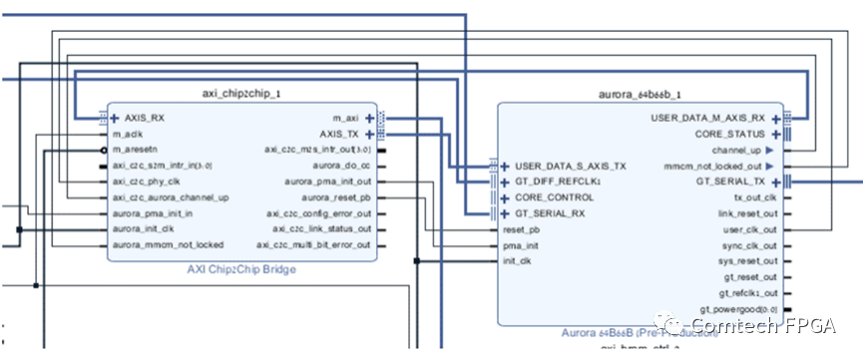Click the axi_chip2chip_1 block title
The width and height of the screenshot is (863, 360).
pos(241,93)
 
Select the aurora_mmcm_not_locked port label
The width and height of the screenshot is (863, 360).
pos(167,244)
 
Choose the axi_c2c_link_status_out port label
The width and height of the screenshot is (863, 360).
pos(319,228)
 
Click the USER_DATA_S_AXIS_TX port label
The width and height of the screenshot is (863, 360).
pos(571,166)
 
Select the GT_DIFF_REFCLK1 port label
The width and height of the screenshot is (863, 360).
pos(559,181)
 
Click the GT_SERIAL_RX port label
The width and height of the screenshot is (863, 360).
pos(551,213)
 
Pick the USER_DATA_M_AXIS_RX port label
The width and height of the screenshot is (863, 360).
pos(707,118)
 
